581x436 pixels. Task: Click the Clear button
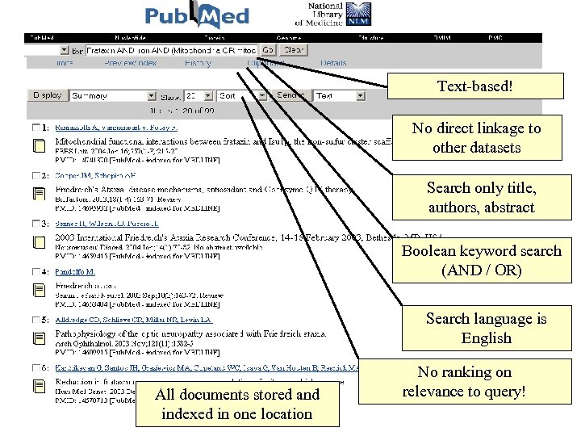(x=294, y=49)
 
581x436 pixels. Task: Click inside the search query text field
(x=170, y=49)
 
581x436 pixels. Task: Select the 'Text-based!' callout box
(x=474, y=86)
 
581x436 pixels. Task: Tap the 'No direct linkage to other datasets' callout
(x=476, y=138)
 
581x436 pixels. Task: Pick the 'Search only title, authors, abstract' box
(x=481, y=198)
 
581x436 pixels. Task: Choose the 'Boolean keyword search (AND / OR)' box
(x=481, y=260)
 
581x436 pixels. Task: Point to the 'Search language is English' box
(x=486, y=328)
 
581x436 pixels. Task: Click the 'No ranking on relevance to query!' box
(x=465, y=382)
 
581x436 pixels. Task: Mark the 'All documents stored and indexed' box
(x=236, y=404)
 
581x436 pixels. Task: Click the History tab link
(x=198, y=63)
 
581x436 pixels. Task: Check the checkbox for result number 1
(x=36, y=128)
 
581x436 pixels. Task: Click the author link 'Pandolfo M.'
(x=75, y=271)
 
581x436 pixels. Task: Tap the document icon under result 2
(x=39, y=193)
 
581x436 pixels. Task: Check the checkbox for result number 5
(x=36, y=321)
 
